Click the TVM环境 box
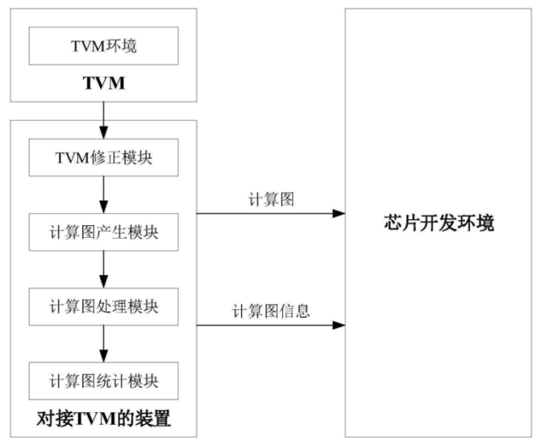pos(103,47)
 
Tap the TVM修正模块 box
pos(103,157)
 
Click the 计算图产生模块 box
pos(103,231)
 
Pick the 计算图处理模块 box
pos(103,306)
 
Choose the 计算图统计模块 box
pos(103,379)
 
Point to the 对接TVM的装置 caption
pos(103,418)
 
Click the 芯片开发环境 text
pos(438,224)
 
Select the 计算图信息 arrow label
pos(271,311)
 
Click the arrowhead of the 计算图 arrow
pos(340,214)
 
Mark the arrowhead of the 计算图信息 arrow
pos(340,325)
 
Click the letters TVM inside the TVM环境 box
pos(88,47)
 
